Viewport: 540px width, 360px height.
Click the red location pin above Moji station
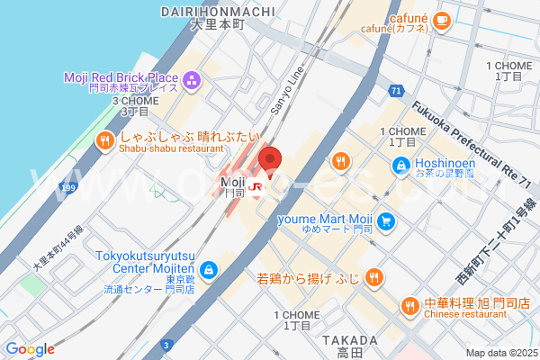point(270,160)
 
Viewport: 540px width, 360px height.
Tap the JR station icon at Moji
point(256,188)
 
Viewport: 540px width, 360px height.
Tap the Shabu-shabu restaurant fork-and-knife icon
point(105,139)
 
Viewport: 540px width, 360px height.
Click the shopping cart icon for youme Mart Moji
point(386,220)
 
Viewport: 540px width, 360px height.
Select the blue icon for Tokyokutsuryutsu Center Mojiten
point(209,269)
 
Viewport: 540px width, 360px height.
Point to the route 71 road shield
point(396,91)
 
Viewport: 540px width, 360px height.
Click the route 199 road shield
point(66,188)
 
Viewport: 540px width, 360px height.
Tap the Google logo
point(30,349)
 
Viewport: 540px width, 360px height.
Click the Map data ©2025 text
point(500,353)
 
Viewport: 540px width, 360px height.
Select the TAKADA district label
point(343,340)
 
